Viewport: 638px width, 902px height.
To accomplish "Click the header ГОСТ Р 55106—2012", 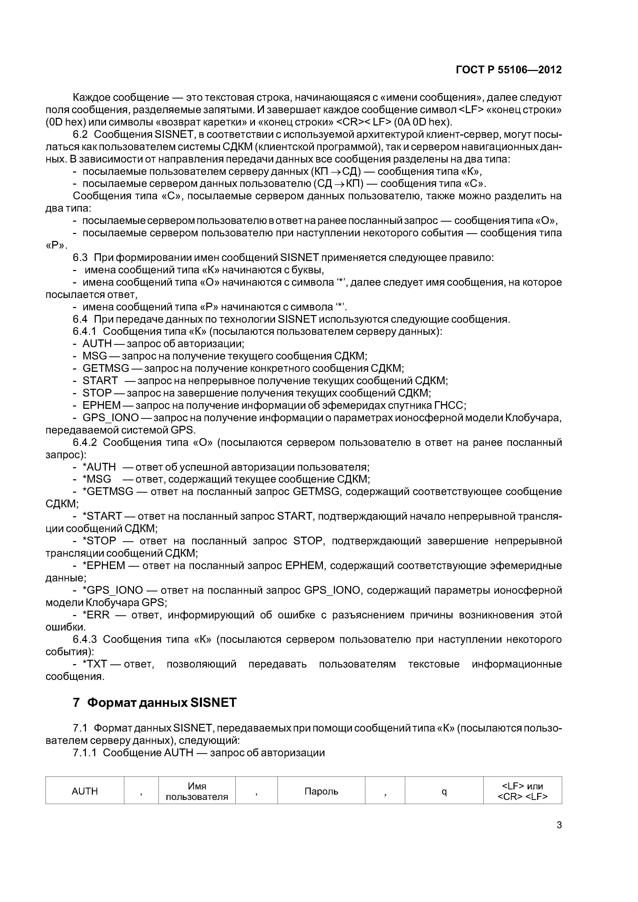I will [x=508, y=70].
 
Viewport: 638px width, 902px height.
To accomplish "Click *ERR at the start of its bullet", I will [x=95, y=615].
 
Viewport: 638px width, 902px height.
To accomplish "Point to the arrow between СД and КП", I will [x=339, y=184].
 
